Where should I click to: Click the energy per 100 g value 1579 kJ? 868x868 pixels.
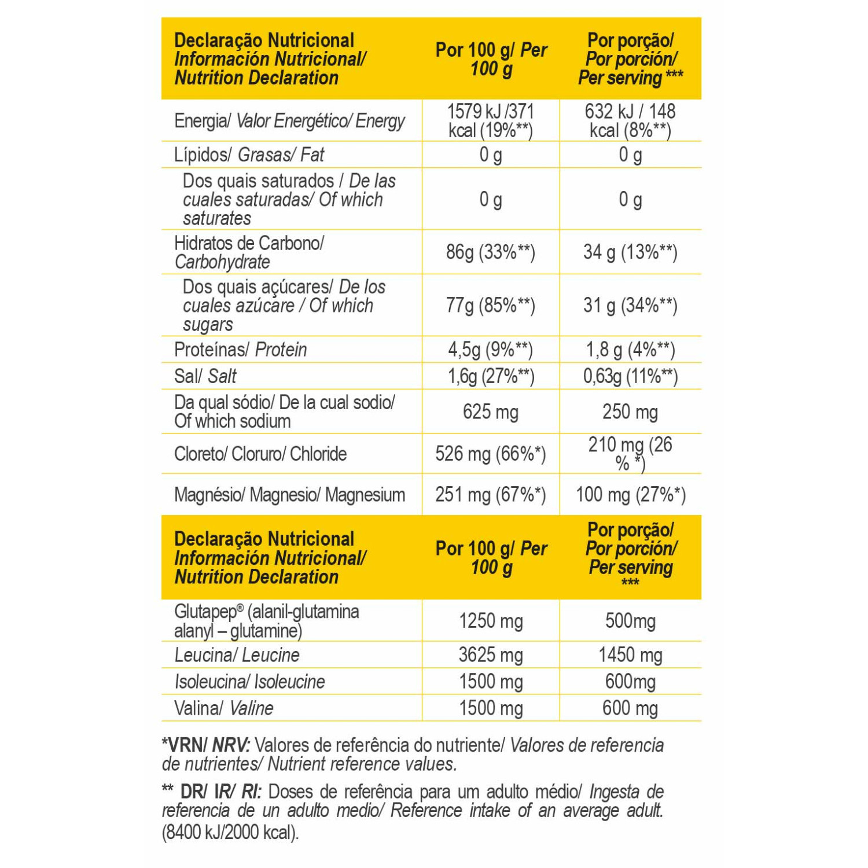474,111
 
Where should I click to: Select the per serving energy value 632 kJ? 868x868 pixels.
609,111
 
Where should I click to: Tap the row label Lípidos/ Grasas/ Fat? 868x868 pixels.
249,155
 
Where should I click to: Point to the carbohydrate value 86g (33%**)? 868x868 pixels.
490,252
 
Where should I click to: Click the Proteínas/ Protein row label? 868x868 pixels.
240,350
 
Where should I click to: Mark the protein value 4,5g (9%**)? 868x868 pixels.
490,350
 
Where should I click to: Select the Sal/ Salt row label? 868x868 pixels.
205,376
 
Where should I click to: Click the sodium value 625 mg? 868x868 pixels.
490,412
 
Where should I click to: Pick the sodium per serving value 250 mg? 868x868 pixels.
630,412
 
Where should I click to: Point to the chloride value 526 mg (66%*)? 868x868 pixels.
490,454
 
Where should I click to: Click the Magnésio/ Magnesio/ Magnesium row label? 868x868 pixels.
289,495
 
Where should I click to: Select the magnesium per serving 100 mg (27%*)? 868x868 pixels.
630,495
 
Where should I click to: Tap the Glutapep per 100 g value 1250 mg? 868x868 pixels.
491,621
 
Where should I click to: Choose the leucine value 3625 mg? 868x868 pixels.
491,655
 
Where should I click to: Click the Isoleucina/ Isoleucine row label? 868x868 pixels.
249,682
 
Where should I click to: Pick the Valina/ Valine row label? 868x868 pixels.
223,708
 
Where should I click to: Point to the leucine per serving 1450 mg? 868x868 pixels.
630,655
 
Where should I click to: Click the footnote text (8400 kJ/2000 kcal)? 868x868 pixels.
230,832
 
